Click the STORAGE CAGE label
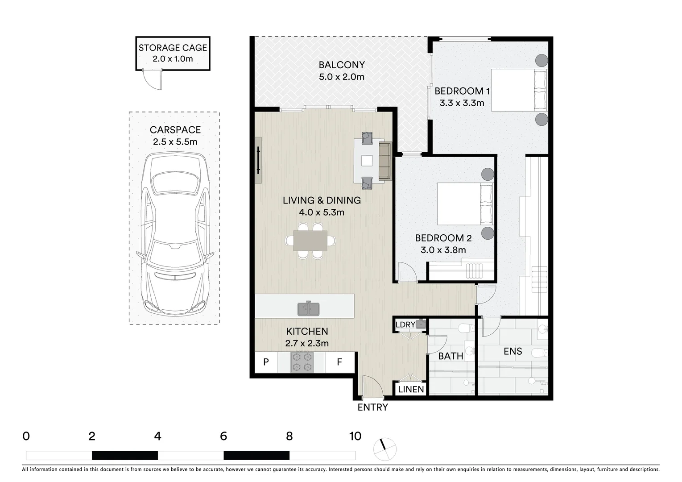(x=173, y=48)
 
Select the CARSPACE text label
(x=175, y=130)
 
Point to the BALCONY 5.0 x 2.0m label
(x=342, y=71)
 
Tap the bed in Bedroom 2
(x=464, y=204)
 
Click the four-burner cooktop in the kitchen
(x=301, y=362)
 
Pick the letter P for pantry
(x=266, y=362)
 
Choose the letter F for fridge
(x=339, y=362)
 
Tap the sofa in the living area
(x=384, y=162)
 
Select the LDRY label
(x=405, y=324)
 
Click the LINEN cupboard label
(x=411, y=389)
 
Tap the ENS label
(x=513, y=351)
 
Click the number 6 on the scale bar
(x=223, y=436)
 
